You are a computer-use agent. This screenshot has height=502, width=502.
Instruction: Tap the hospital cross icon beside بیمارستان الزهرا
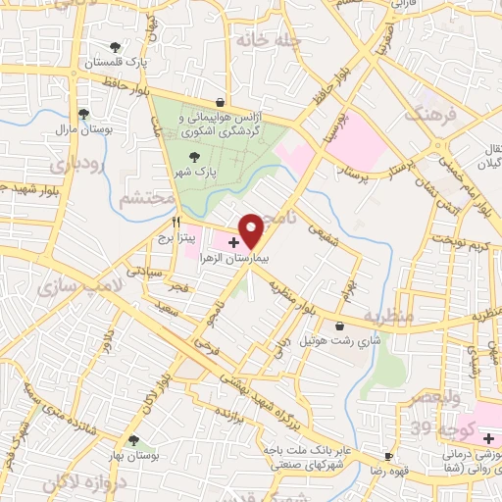tap(232, 240)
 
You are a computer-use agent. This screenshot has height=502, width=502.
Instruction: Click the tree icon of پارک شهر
tap(194, 155)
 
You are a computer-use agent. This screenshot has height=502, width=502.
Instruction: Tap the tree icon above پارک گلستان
tap(116, 47)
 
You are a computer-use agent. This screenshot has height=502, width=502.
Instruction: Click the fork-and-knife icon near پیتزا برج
tap(177, 224)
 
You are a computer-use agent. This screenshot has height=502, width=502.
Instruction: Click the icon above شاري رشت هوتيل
tap(339, 326)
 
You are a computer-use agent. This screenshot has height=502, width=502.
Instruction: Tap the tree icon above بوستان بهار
tap(132, 440)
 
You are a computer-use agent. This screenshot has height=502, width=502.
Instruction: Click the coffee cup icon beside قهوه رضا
tap(389, 457)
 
